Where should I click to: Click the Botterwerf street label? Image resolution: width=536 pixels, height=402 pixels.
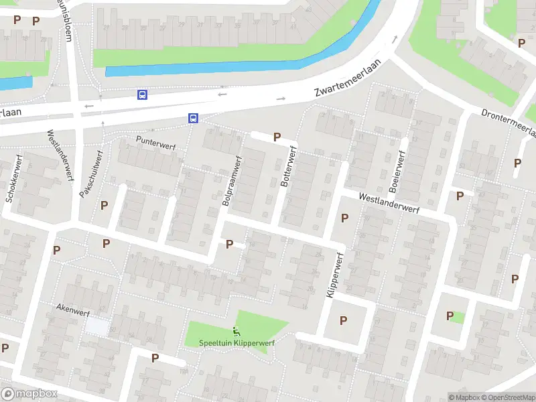click(289, 167)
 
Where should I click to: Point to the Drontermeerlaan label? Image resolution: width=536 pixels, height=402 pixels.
click(509, 123)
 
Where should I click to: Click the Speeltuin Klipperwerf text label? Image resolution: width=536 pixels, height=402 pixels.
click(237, 342)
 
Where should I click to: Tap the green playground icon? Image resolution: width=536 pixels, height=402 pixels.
click(236, 330)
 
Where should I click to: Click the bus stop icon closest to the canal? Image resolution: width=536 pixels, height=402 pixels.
click(143, 95)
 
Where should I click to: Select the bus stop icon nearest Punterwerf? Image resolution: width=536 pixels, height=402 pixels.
click(193, 119)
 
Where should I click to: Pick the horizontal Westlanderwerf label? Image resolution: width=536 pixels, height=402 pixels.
click(389, 204)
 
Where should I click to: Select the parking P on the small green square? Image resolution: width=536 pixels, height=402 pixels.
click(450, 316)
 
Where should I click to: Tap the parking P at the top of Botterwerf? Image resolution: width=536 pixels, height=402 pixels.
click(277, 137)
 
